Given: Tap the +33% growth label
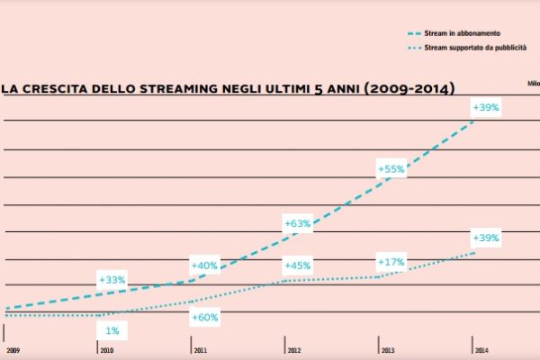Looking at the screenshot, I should (x=112, y=280).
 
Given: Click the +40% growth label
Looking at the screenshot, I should (x=205, y=265).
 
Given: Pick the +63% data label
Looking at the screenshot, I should (x=298, y=221).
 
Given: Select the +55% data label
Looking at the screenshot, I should (x=391, y=167).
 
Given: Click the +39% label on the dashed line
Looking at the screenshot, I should (x=486, y=107).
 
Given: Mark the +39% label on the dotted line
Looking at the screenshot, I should (x=486, y=238).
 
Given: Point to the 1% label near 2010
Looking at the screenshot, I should (x=112, y=331).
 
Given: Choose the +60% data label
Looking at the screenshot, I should (x=205, y=317).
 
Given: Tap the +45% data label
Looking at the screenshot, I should (x=298, y=265).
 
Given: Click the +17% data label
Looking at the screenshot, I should (x=391, y=262).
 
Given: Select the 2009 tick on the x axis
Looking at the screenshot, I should (x=12, y=349).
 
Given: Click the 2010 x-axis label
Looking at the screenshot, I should (x=106, y=349).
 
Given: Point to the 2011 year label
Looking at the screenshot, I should (x=199, y=349).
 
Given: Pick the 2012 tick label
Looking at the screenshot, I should (x=294, y=349).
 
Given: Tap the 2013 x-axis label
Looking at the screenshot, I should (x=387, y=349).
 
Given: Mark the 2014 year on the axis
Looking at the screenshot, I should (x=481, y=349).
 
